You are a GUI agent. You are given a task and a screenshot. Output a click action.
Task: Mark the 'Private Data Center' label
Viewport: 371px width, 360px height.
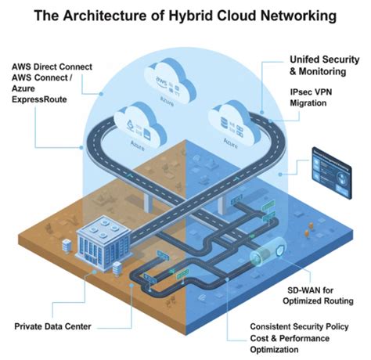(x=53, y=325)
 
